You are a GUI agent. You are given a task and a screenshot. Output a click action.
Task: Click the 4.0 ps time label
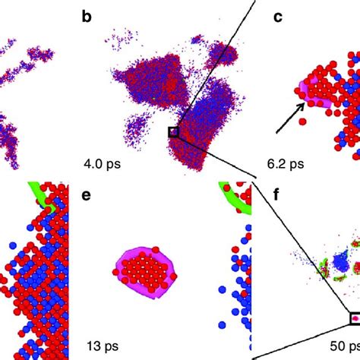pos(103,162)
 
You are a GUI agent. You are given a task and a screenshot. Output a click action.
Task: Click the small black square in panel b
pos(173,132)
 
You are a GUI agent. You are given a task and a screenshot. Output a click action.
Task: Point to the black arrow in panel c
pos(288,121)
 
